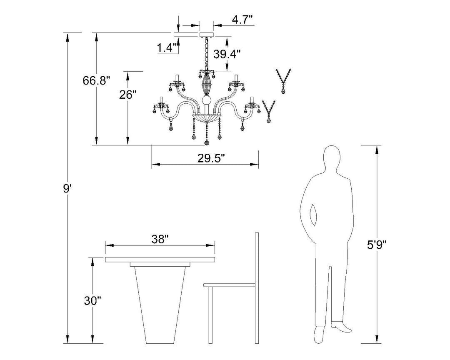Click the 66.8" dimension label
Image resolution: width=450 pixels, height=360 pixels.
click(x=96, y=81)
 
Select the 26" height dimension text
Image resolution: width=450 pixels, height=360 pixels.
click(x=128, y=95)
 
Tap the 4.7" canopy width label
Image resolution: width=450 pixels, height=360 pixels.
click(x=242, y=20)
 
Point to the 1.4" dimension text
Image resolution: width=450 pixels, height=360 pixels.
click(x=166, y=47)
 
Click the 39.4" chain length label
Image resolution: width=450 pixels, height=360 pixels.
click(x=227, y=54)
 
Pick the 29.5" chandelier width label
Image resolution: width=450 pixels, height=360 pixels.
click(x=211, y=158)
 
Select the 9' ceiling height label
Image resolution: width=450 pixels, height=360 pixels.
click(x=67, y=189)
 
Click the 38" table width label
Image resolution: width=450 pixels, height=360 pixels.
click(x=160, y=239)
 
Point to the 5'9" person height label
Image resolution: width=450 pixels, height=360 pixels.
click(x=377, y=245)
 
